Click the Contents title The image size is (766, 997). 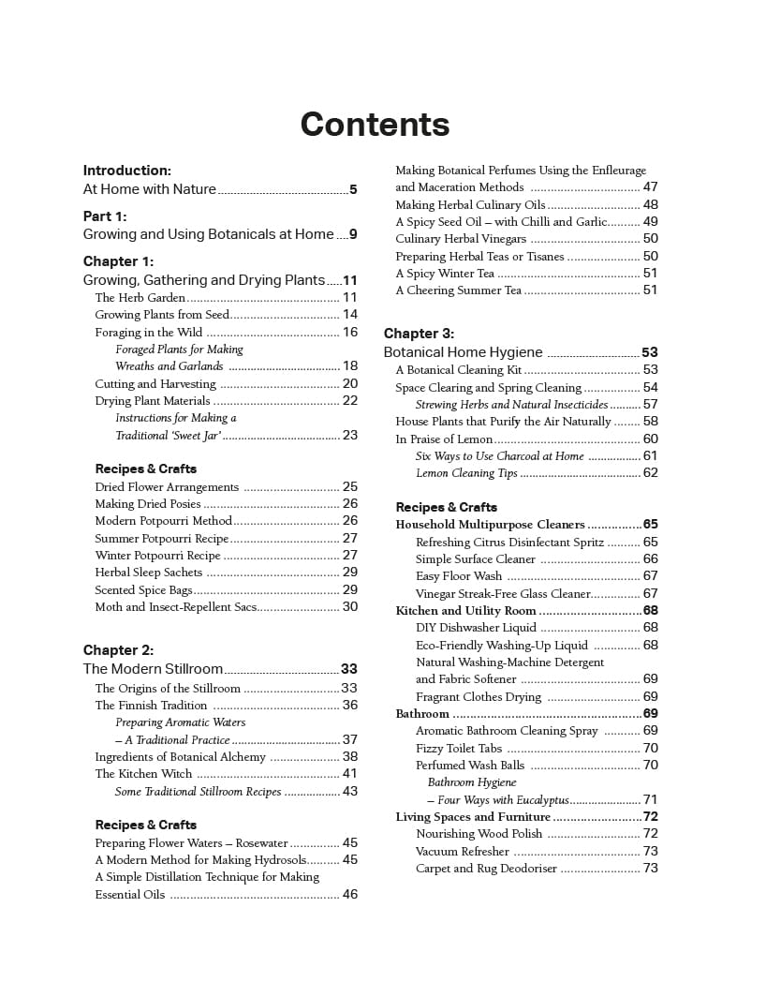point(375,125)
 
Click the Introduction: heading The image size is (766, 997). point(127,171)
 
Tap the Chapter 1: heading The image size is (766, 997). point(118,261)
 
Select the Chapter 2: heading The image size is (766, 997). point(118,650)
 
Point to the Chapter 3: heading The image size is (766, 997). point(419,334)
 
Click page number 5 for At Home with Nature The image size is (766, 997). point(353,189)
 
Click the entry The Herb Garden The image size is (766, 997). point(140,298)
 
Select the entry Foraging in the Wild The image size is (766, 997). point(149,333)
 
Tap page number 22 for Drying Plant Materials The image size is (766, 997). point(350,401)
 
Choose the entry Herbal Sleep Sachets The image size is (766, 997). point(149,573)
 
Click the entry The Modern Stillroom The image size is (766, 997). point(153,669)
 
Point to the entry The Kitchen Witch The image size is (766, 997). point(143,774)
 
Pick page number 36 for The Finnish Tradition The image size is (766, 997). point(350,706)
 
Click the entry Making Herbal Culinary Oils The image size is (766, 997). point(470,205)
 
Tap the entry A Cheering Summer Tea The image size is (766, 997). point(458,290)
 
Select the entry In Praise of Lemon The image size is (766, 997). point(444,439)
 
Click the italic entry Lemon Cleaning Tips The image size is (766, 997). point(466,473)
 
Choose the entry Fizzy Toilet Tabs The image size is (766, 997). point(459,748)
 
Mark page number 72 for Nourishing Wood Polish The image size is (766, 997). point(651,834)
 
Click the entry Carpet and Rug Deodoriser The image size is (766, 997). point(486,869)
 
